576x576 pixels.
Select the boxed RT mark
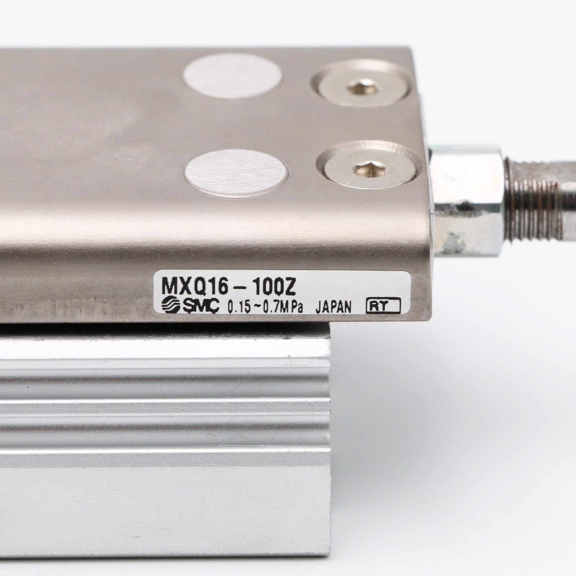pos(383,306)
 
